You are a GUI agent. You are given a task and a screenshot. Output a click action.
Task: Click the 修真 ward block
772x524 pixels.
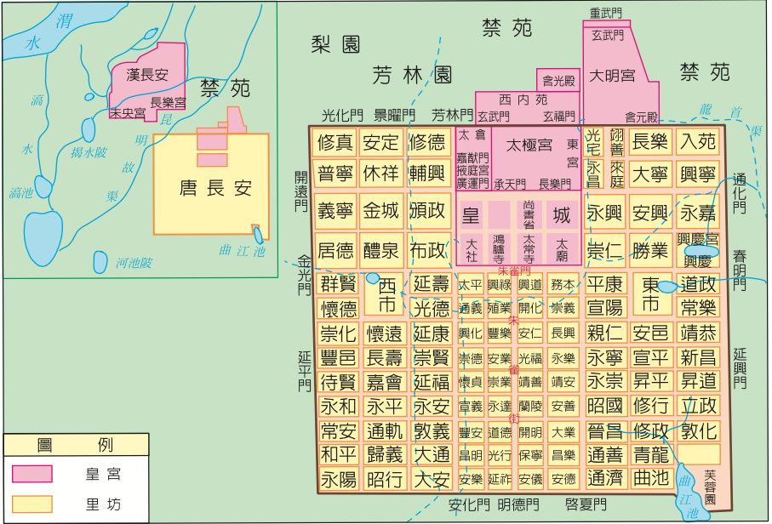point(335,142)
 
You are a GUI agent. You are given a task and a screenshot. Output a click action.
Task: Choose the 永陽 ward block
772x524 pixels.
point(338,479)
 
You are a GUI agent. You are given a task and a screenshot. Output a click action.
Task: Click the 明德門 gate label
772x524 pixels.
point(518,504)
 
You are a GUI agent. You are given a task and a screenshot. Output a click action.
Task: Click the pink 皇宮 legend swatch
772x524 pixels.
point(32,473)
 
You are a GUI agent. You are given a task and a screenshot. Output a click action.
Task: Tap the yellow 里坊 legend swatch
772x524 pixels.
point(32,504)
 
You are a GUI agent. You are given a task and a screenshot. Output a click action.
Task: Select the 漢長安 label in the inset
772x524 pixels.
point(147,74)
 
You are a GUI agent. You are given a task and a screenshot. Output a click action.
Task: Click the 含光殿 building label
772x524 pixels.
point(559,81)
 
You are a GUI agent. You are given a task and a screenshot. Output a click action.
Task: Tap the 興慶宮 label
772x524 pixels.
point(696,240)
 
